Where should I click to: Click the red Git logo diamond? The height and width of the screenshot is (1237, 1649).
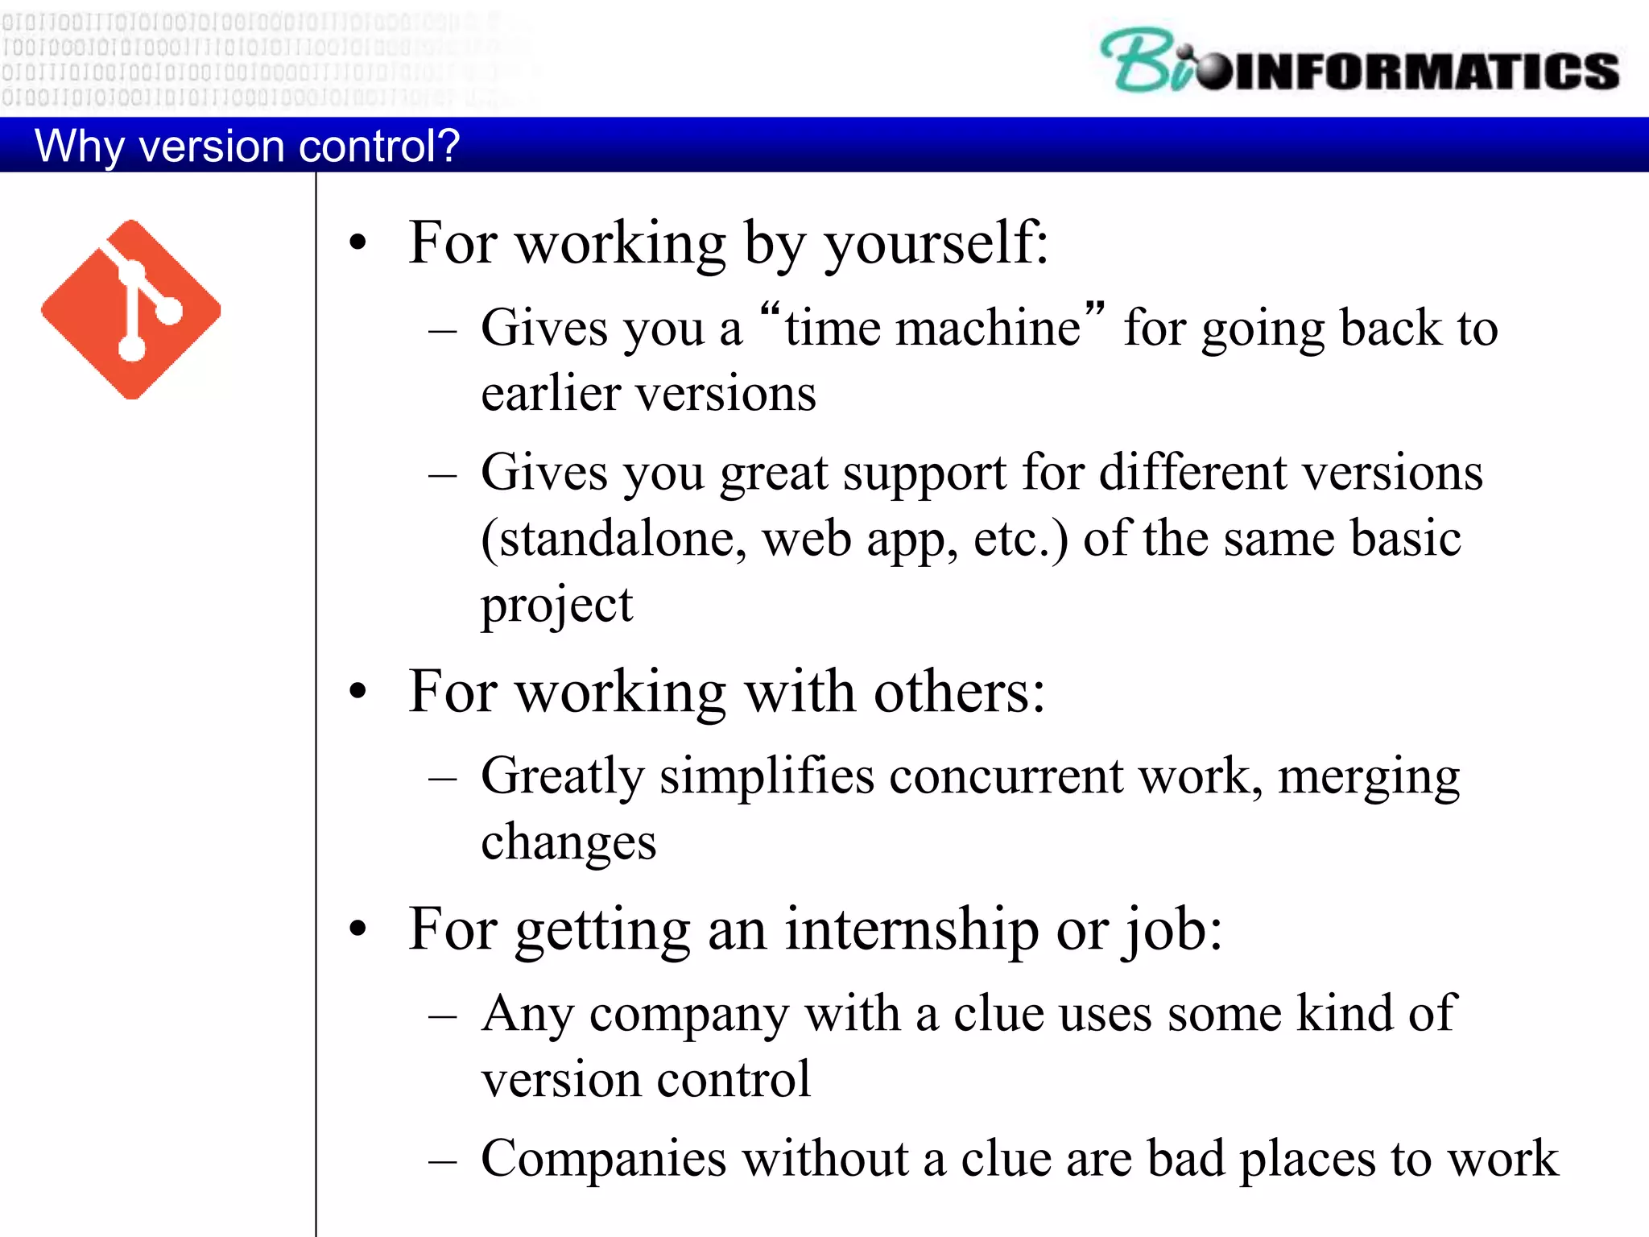click(131, 309)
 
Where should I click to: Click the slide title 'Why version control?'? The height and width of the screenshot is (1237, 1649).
click(246, 147)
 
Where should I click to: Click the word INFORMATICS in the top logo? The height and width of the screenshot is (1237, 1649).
click(1425, 71)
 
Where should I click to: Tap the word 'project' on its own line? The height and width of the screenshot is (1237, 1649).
click(556, 606)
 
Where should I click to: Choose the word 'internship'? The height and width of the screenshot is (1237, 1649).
click(911, 930)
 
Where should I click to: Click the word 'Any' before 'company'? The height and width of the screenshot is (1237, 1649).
click(527, 1015)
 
